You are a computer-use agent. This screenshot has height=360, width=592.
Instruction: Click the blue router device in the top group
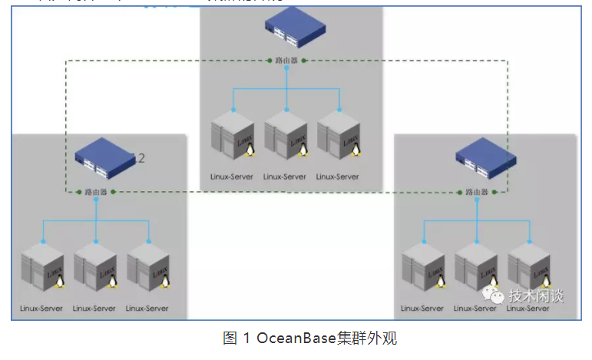[287, 30]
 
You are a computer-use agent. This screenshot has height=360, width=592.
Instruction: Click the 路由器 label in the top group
[287, 60]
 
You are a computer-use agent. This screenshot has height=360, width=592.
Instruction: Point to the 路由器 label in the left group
[96, 191]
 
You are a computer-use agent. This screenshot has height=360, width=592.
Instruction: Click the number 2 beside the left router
[141, 159]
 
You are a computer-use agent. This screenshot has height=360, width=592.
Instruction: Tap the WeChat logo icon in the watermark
[494, 295]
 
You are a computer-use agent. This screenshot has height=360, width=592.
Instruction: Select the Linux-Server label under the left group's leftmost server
[42, 309]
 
